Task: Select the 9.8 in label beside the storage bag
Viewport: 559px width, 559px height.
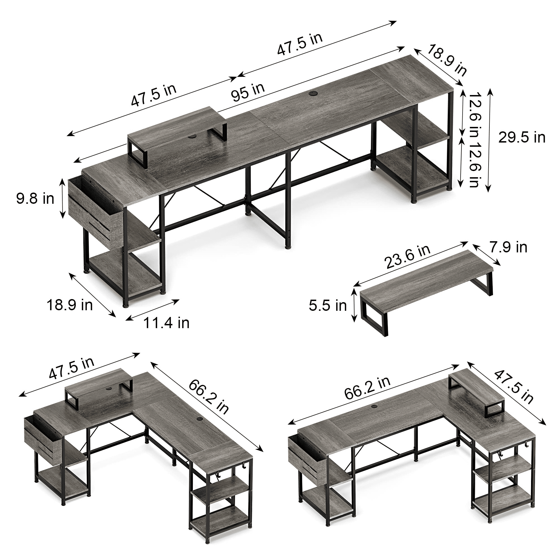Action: tap(35, 198)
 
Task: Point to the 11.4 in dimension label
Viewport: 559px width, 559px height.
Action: tap(166, 323)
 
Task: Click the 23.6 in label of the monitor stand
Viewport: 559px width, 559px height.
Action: tap(407, 257)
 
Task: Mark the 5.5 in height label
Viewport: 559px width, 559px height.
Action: tap(328, 306)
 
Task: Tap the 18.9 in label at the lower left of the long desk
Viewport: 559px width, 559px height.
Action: tap(70, 305)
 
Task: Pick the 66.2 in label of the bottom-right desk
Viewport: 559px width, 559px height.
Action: tap(367, 388)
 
